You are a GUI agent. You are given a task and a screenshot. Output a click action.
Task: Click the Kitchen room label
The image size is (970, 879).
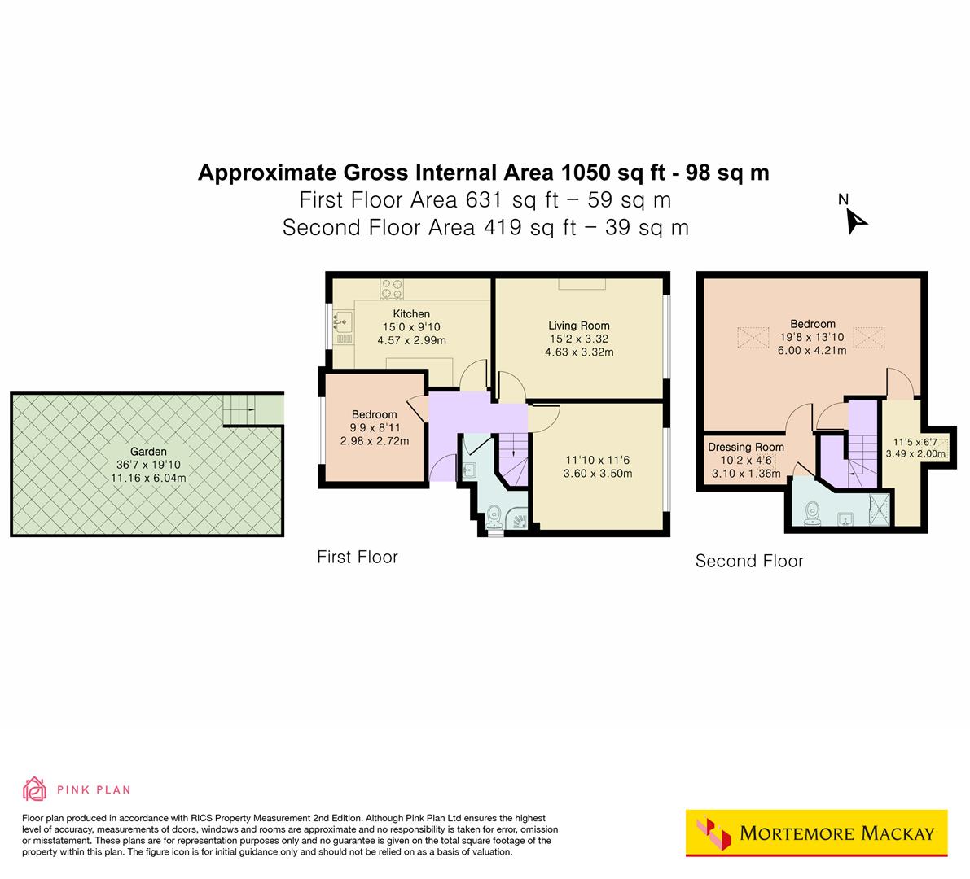[411, 313]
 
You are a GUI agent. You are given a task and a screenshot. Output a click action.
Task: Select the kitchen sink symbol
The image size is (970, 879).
[341, 321]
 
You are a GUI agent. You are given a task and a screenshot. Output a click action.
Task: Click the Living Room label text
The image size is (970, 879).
[578, 326]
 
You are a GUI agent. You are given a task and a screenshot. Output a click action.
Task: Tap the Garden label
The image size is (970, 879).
[148, 452]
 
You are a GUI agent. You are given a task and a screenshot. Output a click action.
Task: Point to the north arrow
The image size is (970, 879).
[855, 220]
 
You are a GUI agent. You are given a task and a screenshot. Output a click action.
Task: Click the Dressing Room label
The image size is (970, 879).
[745, 447]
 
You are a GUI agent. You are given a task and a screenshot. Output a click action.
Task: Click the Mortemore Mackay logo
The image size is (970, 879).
[817, 833]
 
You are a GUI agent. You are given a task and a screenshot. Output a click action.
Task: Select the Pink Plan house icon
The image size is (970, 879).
[35, 789]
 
